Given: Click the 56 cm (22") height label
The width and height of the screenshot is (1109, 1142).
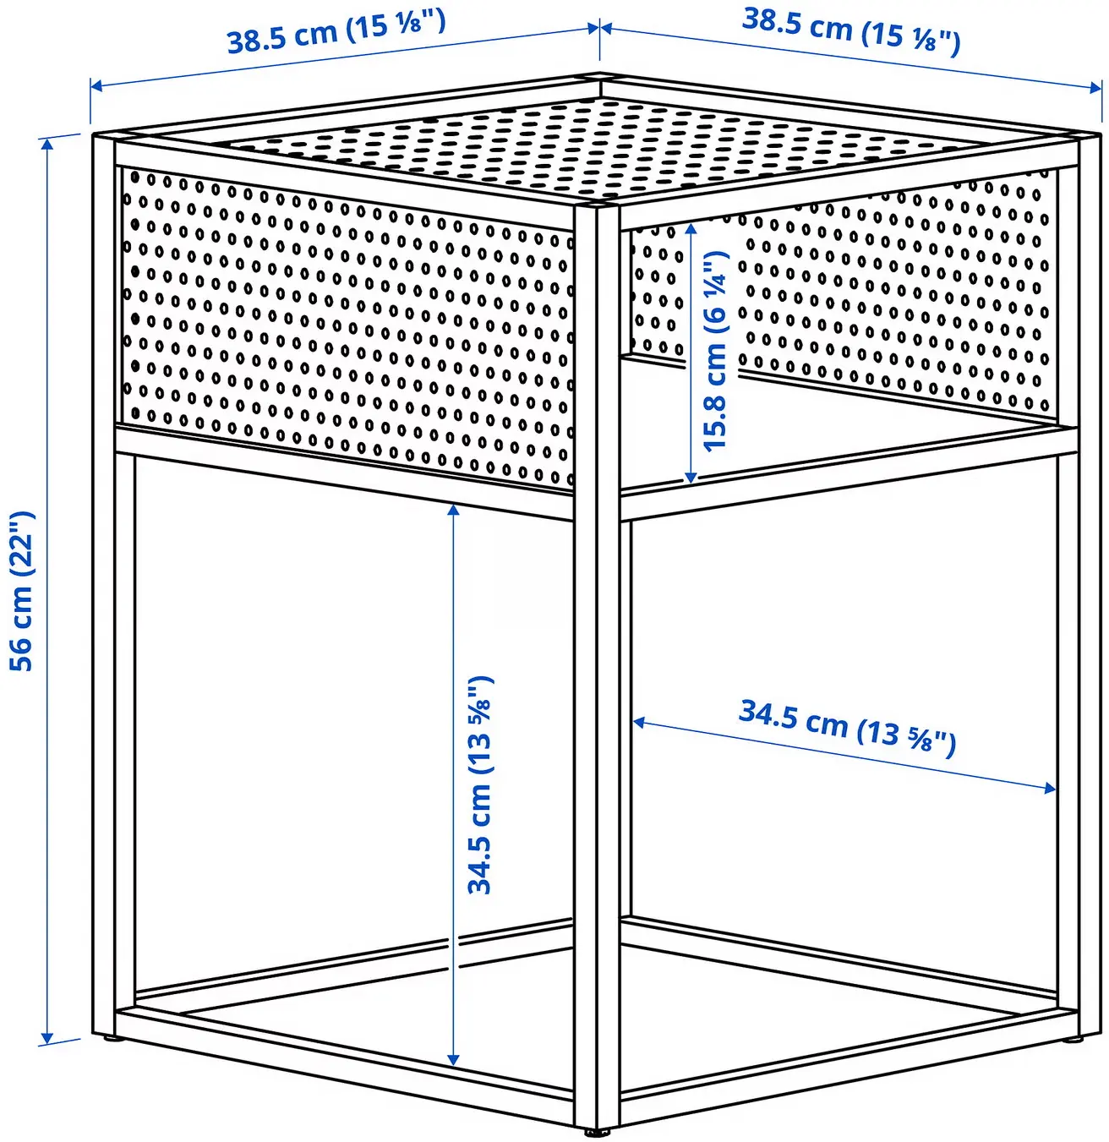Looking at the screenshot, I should point(22,591).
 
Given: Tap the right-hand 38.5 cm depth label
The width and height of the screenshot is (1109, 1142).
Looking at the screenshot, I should point(850,31).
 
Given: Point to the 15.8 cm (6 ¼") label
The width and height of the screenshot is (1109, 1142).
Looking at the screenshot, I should point(715,350).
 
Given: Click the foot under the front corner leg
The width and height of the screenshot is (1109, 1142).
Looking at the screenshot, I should point(598,1130).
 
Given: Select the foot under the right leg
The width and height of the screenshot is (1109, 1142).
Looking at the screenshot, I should point(1068,1037).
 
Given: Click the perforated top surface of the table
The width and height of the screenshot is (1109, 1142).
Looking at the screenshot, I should point(592,144).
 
